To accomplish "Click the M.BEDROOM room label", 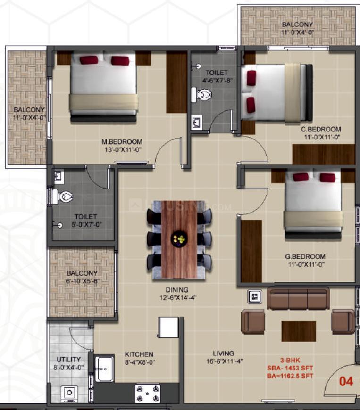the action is pyautogui.click(x=122, y=142).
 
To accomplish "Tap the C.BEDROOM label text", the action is pyautogui.click(x=321, y=129).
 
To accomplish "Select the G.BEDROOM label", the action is pyautogui.click(x=305, y=256).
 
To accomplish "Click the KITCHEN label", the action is pyautogui.click(x=139, y=354).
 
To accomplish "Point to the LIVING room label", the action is pyautogui.click(x=223, y=353).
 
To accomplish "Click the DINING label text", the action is pyautogui.click(x=177, y=290).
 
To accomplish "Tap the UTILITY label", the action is pyautogui.click(x=68, y=359).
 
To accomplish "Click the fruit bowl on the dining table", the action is pyautogui.click(x=179, y=238).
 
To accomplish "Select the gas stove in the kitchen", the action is pyautogui.click(x=147, y=393).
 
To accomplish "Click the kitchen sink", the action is pyautogui.click(x=104, y=369).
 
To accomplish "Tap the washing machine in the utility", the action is pyautogui.click(x=69, y=394).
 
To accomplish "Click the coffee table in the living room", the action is pyautogui.click(x=299, y=331).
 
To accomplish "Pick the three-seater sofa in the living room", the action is pyautogui.click(x=298, y=298).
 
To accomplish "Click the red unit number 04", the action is pyautogui.click(x=346, y=382).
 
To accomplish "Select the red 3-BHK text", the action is pyautogui.click(x=290, y=360).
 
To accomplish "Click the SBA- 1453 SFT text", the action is pyautogui.click(x=290, y=368).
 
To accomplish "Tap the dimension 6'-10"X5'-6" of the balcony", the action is pyautogui.click(x=82, y=281).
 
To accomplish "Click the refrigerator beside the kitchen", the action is pyautogui.click(x=168, y=328).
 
